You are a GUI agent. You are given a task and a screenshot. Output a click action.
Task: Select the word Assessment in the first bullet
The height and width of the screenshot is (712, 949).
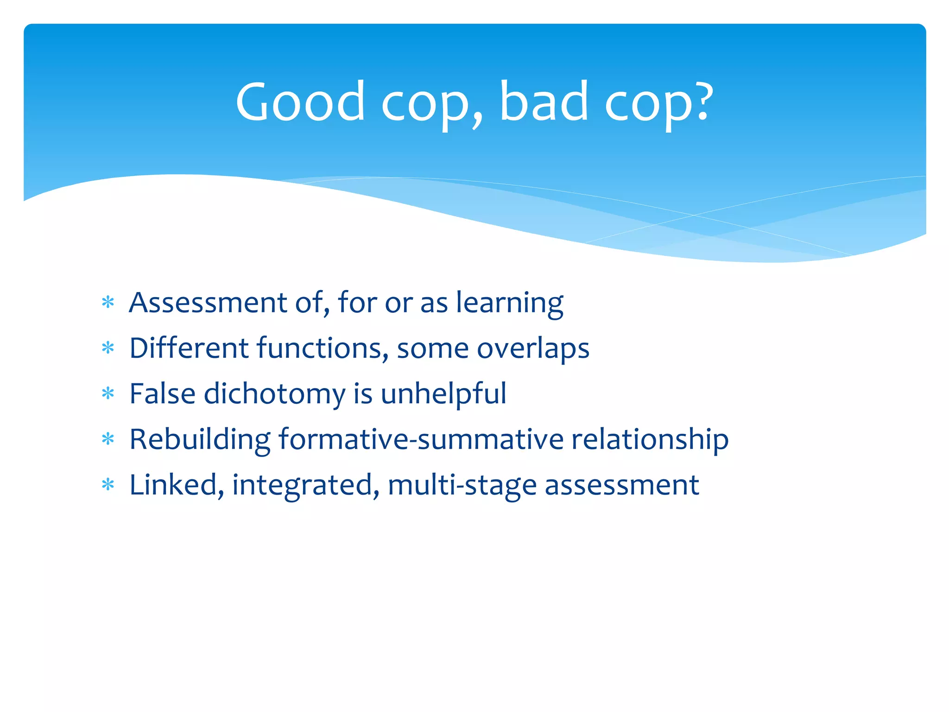[208, 303]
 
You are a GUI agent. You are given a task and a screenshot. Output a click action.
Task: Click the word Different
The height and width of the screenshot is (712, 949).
[189, 348]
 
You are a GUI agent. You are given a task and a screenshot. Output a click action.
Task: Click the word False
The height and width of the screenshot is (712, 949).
[162, 394]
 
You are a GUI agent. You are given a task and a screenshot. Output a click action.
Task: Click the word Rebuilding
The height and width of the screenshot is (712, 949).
[200, 439]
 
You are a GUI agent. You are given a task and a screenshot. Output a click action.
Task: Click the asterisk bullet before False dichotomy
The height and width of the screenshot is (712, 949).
[108, 394]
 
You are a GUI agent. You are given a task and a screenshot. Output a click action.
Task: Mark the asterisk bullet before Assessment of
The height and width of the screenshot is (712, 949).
[108, 303]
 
